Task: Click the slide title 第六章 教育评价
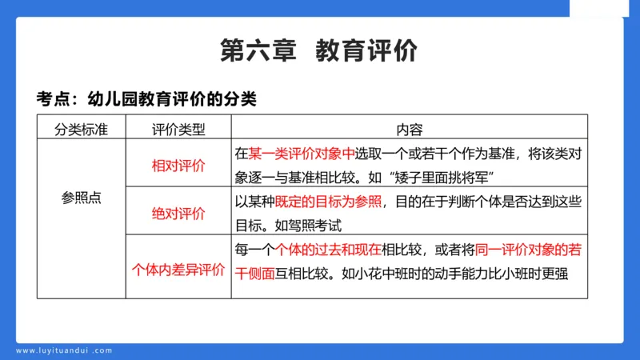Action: pyautogui.click(x=319, y=50)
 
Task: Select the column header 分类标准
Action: pyautogui.click(x=81, y=129)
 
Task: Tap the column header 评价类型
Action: pyautogui.click(x=178, y=129)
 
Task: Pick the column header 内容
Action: pyautogui.click(x=410, y=129)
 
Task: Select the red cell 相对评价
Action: pyautogui.click(x=178, y=166)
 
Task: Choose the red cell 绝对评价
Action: pyautogui.click(x=178, y=213)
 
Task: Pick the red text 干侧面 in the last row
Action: pyautogui.click(x=254, y=273)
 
